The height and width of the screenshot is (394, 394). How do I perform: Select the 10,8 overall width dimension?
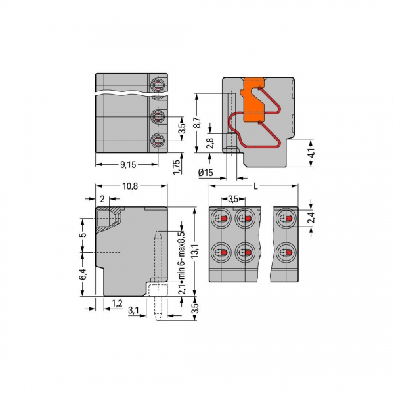[x=129, y=186]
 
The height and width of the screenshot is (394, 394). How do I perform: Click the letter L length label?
[x=255, y=186]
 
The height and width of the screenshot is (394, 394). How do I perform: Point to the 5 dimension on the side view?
[x=81, y=234]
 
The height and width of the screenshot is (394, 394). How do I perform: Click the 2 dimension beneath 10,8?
[x=102, y=198]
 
